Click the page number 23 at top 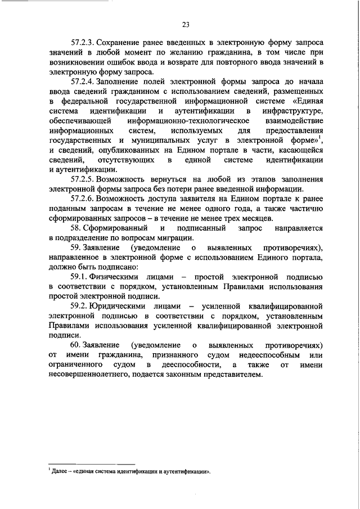click(x=186, y=23)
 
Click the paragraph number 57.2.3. click(x=84, y=42)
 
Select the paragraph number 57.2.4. click(x=84, y=82)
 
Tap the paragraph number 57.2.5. click(x=84, y=179)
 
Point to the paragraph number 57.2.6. click(x=84, y=199)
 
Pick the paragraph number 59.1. click(x=80, y=277)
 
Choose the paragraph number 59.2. click(x=80, y=307)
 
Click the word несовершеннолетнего click(x=93, y=375)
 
